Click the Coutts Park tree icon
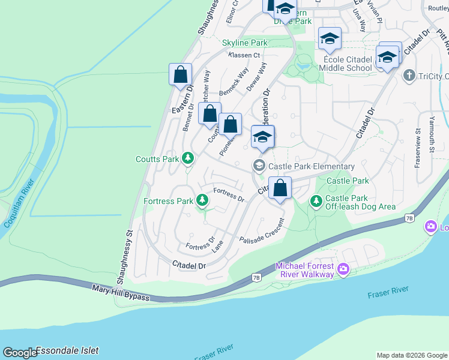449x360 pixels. (x=188, y=158)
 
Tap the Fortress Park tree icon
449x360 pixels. (x=203, y=200)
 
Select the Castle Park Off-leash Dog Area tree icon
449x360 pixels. (x=316, y=201)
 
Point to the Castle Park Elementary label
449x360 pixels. (x=312, y=166)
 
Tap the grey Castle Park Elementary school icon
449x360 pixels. (x=259, y=166)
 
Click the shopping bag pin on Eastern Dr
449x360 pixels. (x=180, y=76)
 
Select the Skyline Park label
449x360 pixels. (x=244, y=43)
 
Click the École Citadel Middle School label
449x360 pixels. (x=348, y=64)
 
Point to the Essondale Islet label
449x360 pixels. (x=67, y=350)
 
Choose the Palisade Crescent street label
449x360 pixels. (x=262, y=231)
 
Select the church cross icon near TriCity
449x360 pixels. (x=409, y=76)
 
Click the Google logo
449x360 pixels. (x=20, y=353)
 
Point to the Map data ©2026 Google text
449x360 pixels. (x=411, y=355)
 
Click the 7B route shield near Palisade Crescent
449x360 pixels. (x=256, y=277)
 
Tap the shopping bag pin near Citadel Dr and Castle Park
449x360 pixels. (x=280, y=188)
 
